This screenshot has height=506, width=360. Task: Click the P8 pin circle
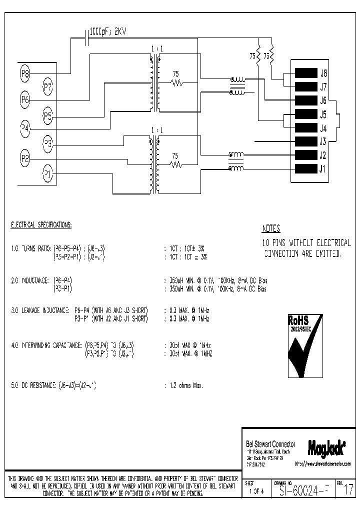[25, 74]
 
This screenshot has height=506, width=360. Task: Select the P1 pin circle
[47, 174]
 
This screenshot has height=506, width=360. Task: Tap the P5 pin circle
[47, 117]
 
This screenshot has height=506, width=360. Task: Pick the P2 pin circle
[25, 159]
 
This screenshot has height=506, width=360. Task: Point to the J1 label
[323, 168]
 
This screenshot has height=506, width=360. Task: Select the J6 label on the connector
[323, 100]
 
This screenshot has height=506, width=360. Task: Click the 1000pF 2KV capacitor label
[108, 31]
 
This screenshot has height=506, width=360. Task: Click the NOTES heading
[271, 229]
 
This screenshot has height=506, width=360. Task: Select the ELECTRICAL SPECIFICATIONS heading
[41, 225]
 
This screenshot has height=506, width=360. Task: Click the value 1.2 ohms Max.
[183, 385]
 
